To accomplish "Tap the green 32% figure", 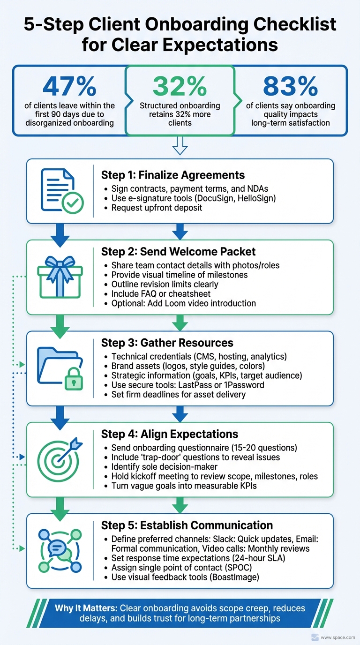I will (180, 86).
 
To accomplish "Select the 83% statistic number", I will (290, 85).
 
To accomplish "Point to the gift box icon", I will (59, 277).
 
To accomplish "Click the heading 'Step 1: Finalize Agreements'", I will (172, 175).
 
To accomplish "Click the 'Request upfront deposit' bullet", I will (157, 207).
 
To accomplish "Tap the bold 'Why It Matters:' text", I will (86, 608).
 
